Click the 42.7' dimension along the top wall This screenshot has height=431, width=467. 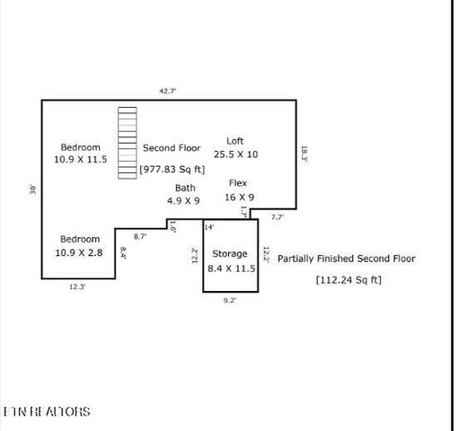[x=167, y=91]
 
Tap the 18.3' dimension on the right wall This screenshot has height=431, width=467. [x=304, y=154]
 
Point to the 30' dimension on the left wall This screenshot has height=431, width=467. [x=32, y=189]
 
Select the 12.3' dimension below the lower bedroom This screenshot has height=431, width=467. [x=79, y=287]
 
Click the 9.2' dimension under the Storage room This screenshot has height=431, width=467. [x=231, y=302]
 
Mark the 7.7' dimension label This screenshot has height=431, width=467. [x=278, y=217]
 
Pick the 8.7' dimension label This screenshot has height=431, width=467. [x=141, y=235]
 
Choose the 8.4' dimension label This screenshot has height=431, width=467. [x=123, y=254]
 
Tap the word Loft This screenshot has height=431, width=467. [x=235, y=140]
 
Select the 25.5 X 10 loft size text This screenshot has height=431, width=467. [x=235, y=154]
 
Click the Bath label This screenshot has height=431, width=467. [x=184, y=188]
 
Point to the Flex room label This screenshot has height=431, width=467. [x=238, y=182]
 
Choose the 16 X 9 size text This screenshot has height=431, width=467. [x=239, y=197]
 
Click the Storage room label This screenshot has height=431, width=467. [x=230, y=254]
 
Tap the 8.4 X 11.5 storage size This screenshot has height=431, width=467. [x=232, y=268]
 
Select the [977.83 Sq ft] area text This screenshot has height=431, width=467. [x=172, y=169]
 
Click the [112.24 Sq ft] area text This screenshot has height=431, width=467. [x=348, y=279]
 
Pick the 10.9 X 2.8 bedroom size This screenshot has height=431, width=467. [x=80, y=253]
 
